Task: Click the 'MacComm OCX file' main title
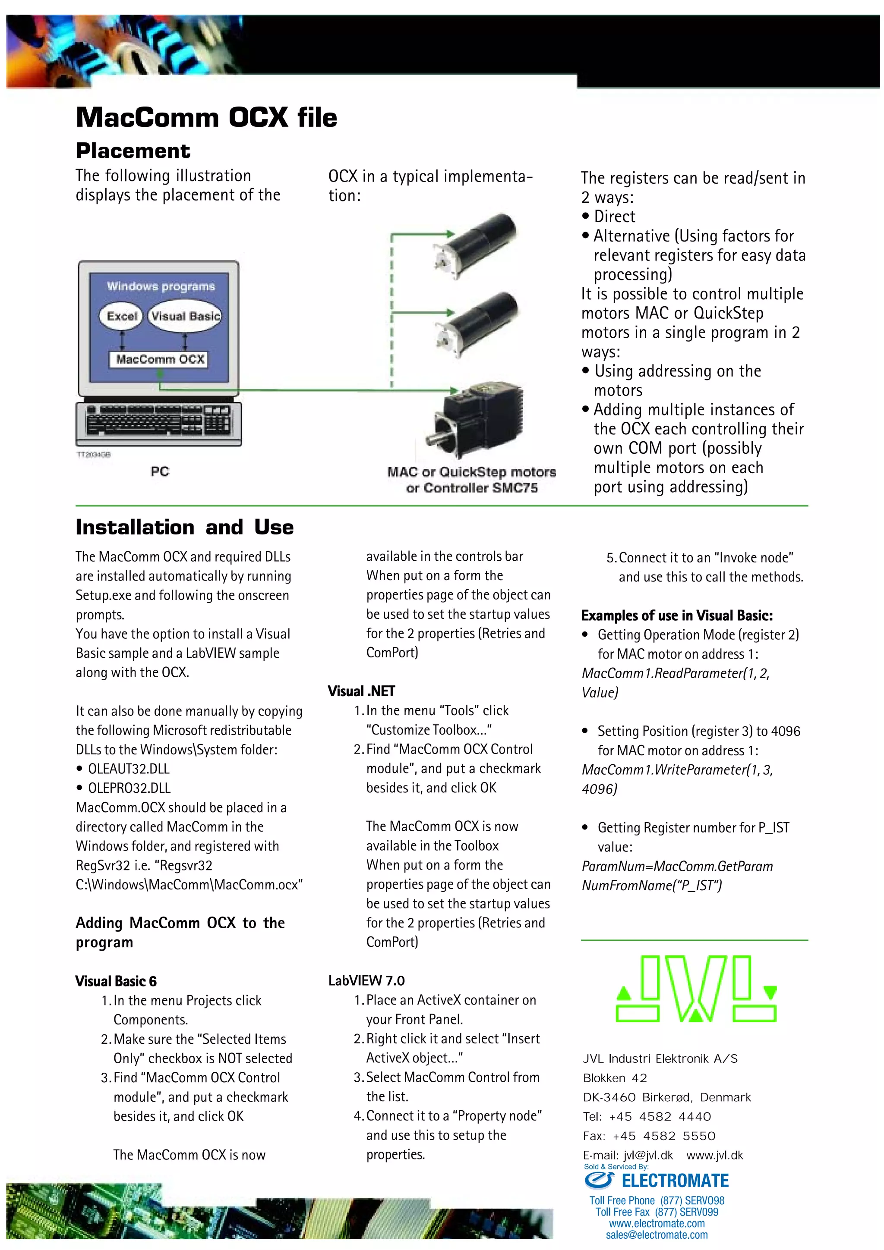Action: tap(206, 118)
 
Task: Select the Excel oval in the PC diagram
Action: tap(121, 316)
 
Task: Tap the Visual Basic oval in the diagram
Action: tap(185, 316)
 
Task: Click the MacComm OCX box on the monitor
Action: tap(160, 359)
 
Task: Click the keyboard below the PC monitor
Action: tap(158, 423)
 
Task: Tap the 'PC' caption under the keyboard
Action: tap(160, 471)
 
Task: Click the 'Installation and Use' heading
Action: tap(185, 527)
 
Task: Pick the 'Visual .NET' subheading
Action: tap(361, 691)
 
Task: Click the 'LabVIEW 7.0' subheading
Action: tap(366, 980)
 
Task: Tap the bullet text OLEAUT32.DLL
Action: tap(129, 769)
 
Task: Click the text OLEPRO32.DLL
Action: tap(129, 788)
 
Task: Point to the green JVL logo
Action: tap(695, 989)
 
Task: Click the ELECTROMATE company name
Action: tap(675, 1181)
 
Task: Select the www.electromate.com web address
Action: tap(657, 1223)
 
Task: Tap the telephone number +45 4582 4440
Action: tap(660, 1117)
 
